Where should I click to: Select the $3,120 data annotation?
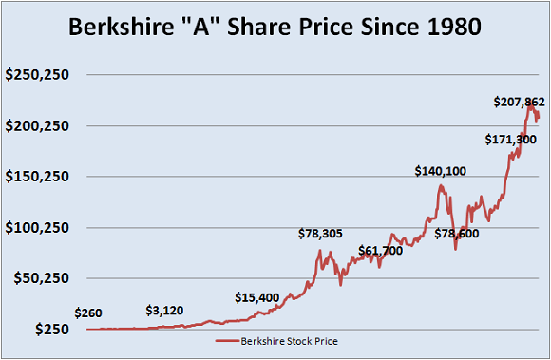[171, 310]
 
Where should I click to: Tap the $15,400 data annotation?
[257, 297]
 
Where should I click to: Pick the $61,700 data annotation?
[380, 251]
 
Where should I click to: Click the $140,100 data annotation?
[441, 171]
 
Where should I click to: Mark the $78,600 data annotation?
[457, 233]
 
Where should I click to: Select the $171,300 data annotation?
[511, 140]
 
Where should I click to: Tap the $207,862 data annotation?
[519, 101]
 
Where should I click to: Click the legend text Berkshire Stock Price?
[290, 340]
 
